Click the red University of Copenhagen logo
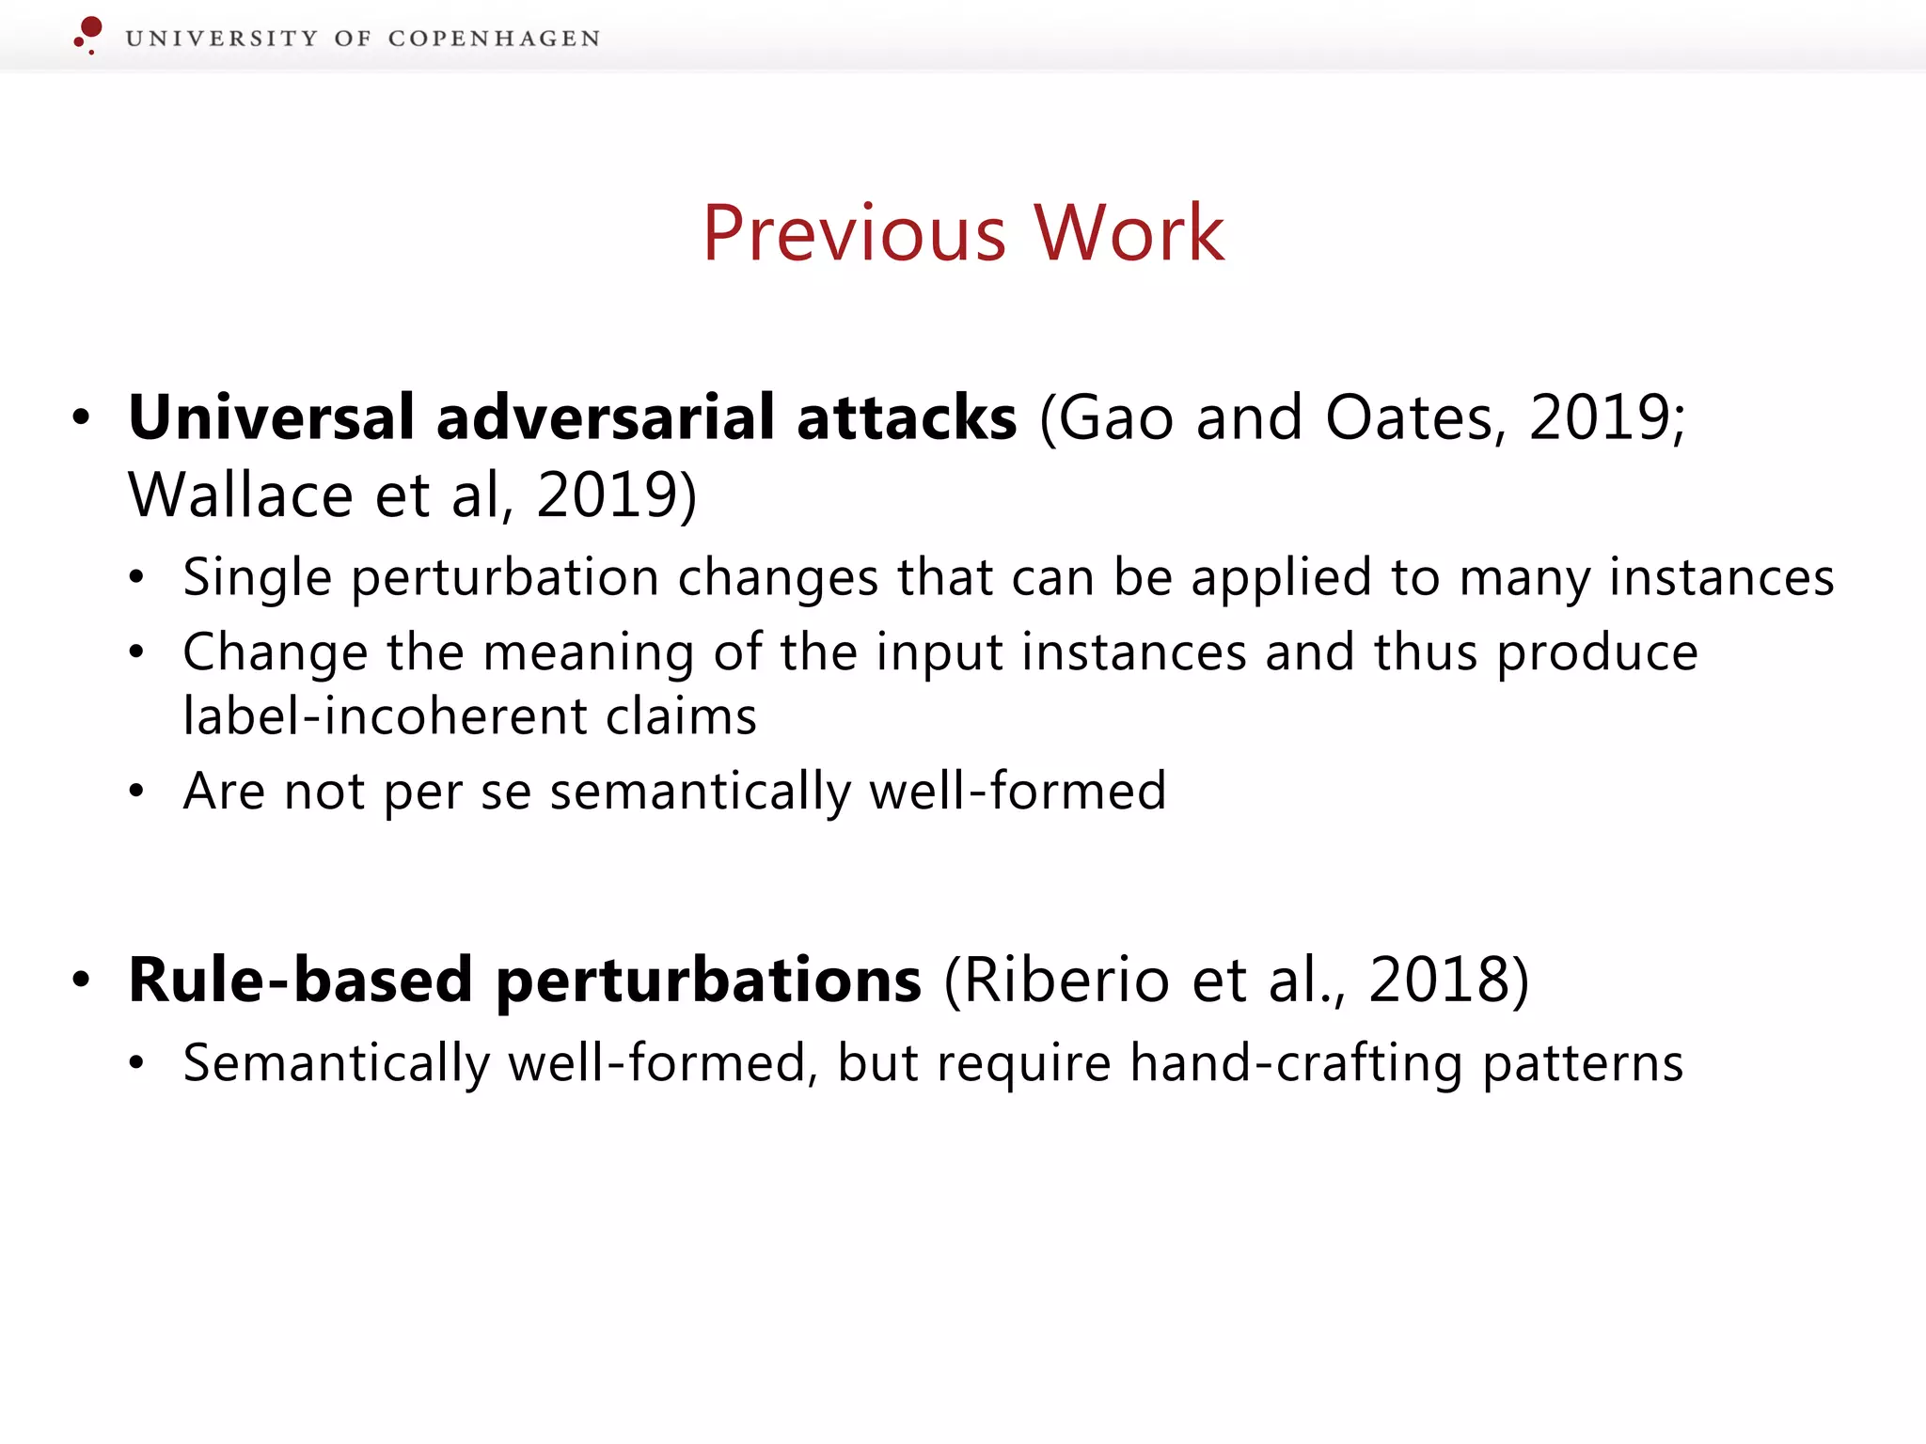coord(88,34)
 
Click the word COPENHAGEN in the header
coord(494,39)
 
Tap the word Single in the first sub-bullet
coord(257,577)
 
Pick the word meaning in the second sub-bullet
coord(589,651)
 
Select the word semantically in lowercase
coord(700,791)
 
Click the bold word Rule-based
coord(300,980)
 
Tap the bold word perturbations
coord(708,980)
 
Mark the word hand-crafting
coord(1296,1063)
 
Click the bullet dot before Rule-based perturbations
coord(82,980)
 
